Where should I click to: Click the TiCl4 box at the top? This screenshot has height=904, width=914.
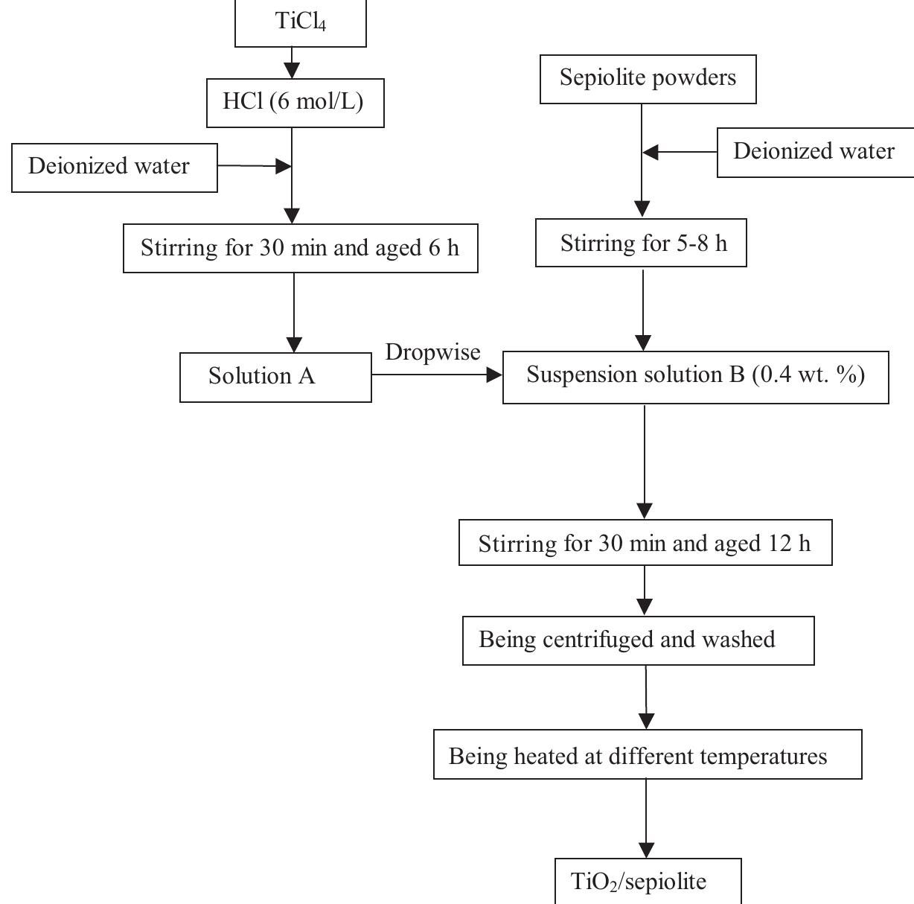click(301, 22)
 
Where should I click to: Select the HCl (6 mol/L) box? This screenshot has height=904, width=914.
click(295, 102)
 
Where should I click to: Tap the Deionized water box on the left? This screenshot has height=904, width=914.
click(114, 167)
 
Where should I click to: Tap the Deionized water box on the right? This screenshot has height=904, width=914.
click(814, 152)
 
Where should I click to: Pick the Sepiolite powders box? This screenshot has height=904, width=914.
click(648, 78)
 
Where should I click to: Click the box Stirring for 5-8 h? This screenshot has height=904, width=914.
click(641, 243)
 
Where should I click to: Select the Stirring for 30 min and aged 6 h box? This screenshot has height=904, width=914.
click(300, 248)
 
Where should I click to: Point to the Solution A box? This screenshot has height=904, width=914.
click(275, 377)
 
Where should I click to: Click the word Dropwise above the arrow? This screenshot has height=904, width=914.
click(432, 351)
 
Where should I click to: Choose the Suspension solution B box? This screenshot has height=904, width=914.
click(695, 377)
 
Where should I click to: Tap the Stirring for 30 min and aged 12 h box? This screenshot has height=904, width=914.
click(645, 544)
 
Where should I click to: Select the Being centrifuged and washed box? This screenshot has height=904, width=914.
click(638, 640)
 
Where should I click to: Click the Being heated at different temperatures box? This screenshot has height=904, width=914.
click(647, 756)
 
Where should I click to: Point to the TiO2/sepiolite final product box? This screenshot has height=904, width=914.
click(648, 882)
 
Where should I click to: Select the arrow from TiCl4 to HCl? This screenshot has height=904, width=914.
click(292, 63)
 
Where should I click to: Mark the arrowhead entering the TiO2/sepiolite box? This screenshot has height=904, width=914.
click(647, 850)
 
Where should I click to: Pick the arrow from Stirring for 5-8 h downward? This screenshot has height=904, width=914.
click(643, 309)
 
